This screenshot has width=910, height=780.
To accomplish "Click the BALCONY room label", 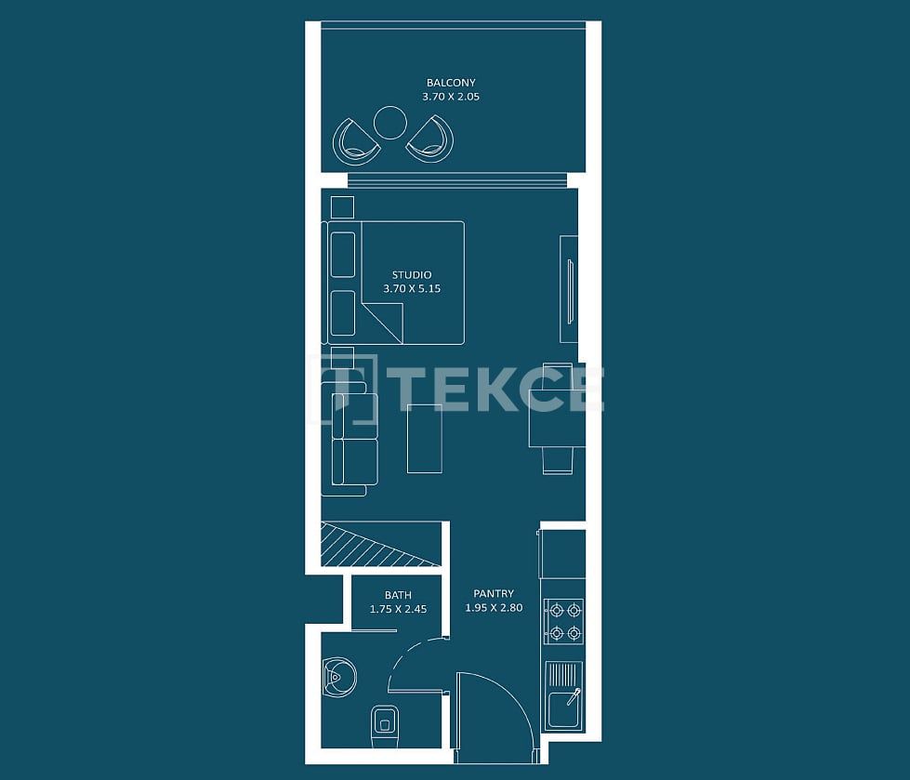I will (x=451, y=83).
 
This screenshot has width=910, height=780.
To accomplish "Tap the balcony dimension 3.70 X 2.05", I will (x=451, y=96).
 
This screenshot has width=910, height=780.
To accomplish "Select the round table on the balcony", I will (x=389, y=122).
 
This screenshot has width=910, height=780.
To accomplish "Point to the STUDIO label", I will (x=411, y=275).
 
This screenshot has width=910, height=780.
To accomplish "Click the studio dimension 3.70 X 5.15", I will (x=411, y=289).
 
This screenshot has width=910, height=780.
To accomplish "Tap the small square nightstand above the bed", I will (x=342, y=206).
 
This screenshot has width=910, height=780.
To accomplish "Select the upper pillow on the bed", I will (x=342, y=254).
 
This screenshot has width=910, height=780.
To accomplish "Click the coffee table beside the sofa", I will (x=425, y=438).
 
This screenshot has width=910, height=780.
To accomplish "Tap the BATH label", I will (x=398, y=596).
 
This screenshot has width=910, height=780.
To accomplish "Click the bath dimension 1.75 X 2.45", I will (x=398, y=610).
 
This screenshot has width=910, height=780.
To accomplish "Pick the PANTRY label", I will (x=494, y=594).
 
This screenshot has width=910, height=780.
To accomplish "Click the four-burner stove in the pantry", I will (x=564, y=622).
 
